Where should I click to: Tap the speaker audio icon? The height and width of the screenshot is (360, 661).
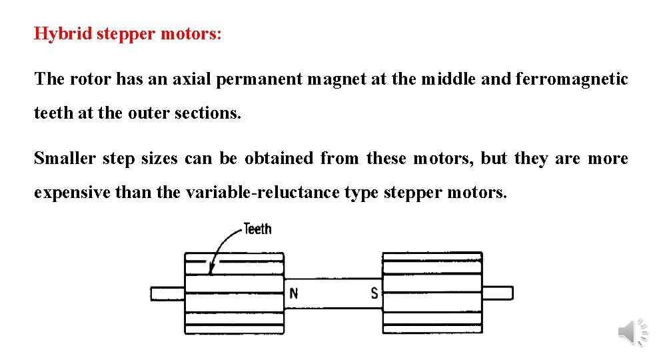coord(632,331)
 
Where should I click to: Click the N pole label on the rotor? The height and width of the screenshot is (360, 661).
coord(294,293)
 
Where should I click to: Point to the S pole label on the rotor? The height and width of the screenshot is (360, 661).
coord(374,293)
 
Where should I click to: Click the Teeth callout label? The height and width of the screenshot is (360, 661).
coord(257,229)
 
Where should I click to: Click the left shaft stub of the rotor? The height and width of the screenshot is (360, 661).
coord(167,293)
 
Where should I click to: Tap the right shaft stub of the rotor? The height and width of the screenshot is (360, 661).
coord(497,293)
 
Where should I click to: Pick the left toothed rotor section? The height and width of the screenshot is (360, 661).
coord(234,293)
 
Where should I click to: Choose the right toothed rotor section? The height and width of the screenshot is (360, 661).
coord(432,293)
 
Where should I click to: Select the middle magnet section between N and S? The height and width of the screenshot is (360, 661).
coord(333,293)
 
